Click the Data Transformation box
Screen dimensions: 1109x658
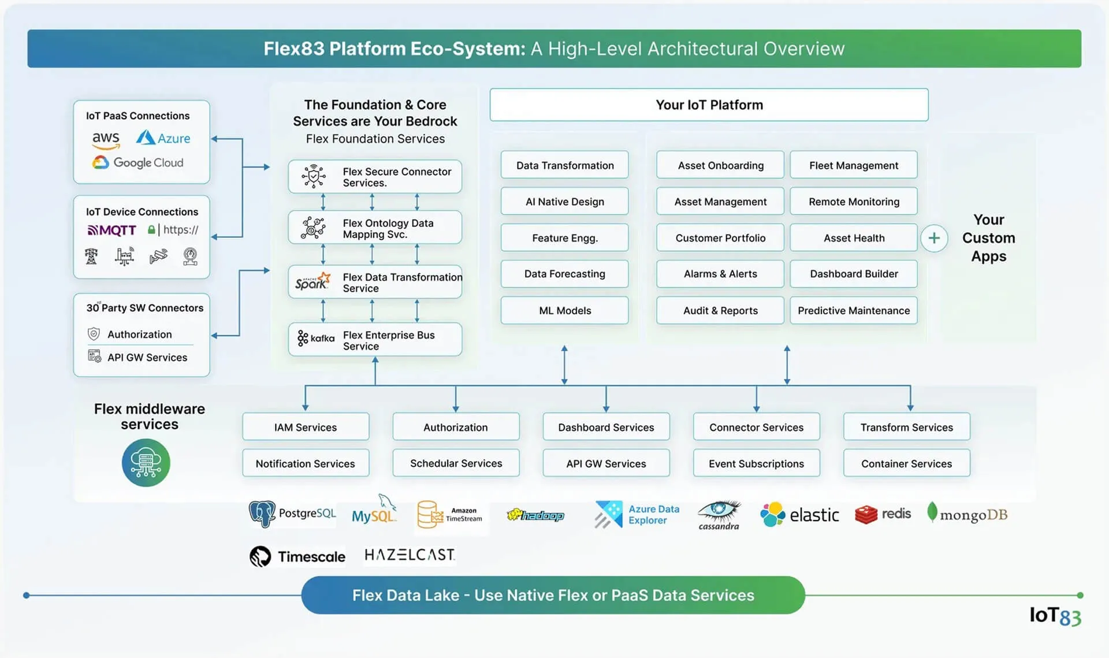click(564, 165)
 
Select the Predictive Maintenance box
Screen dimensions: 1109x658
click(854, 310)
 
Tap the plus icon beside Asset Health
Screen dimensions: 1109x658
click(934, 238)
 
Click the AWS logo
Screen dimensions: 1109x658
click(106, 140)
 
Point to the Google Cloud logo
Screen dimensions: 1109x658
click(137, 162)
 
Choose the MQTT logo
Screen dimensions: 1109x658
click(111, 230)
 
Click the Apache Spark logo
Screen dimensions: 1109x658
click(312, 281)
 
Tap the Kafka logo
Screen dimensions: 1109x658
click(316, 338)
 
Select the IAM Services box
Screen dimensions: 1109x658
click(306, 427)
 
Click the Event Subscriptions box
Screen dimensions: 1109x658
click(756, 463)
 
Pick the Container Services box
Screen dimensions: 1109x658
click(906, 463)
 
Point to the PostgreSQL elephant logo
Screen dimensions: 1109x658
click(262, 514)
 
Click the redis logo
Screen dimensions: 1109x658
click(883, 514)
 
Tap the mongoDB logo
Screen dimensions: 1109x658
click(967, 513)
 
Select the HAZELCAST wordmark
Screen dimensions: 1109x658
click(410, 555)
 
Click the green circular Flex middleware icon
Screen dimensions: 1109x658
click(146, 463)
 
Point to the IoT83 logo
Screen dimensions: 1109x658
click(1055, 616)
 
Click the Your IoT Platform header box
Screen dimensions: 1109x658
click(709, 105)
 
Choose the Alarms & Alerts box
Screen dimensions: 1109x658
click(720, 274)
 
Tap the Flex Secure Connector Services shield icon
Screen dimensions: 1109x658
click(314, 176)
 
